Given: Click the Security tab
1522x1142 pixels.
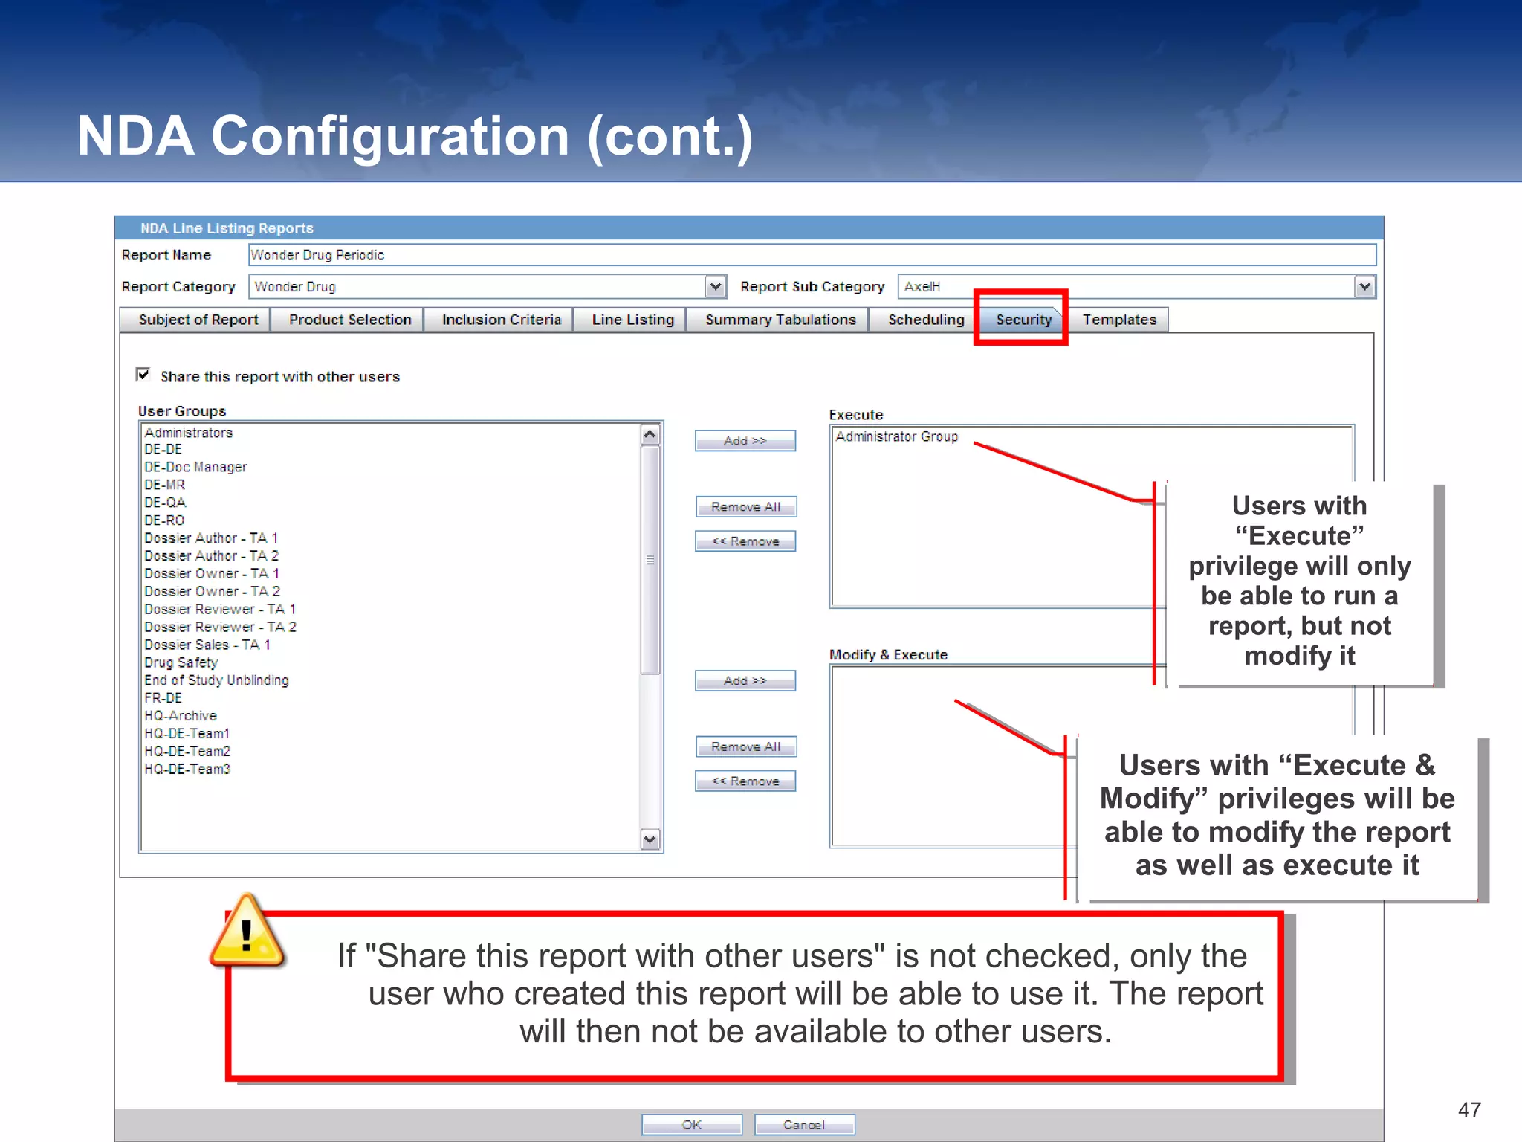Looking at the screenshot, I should [x=1023, y=320].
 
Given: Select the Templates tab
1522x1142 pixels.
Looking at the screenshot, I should [x=1119, y=320].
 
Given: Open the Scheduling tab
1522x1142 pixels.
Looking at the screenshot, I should [x=926, y=320].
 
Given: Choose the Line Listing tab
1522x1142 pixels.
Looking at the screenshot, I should [x=632, y=320].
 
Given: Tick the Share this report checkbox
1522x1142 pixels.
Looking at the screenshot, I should [x=143, y=375].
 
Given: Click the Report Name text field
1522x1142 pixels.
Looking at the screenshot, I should [x=812, y=255].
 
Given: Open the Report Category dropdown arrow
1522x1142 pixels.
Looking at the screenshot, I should [x=715, y=286].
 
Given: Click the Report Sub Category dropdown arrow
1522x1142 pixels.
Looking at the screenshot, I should [x=1364, y=286].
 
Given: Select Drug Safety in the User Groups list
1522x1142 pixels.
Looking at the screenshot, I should [x=181, y=662].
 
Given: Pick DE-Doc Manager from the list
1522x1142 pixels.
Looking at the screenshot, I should [x=195, y=467].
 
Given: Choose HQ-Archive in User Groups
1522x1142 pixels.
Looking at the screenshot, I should [x=181, y=716].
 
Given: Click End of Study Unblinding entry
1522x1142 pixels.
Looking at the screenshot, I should [x=216, y=680].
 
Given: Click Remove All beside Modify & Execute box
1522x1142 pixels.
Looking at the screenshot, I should [x=745, y=746].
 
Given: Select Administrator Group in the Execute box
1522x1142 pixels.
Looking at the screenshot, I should [x=896, y=436].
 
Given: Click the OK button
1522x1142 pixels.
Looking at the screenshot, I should [x=691, y=1125].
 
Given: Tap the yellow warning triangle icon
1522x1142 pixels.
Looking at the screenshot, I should [x=247, y=932].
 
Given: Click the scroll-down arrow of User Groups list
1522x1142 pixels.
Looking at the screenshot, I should [x=650, y=839].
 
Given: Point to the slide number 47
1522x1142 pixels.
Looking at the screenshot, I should [x=1469, y=1110].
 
